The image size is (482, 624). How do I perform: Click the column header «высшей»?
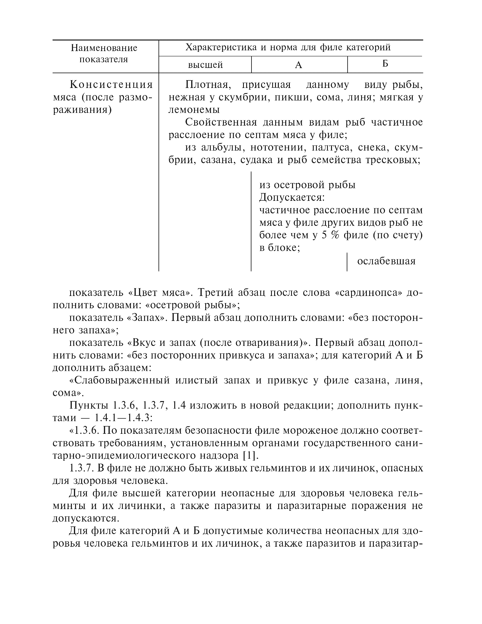(205, 65)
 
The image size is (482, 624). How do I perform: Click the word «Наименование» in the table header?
(104, 48)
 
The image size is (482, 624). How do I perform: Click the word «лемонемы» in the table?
(194, 110)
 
